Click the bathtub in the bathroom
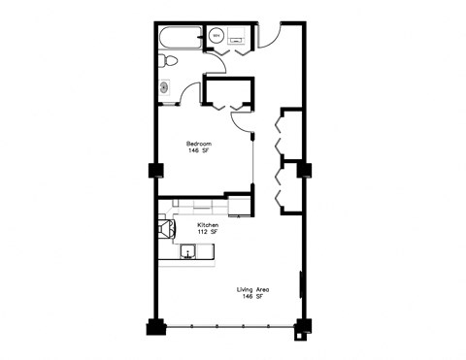[x=179, y=39]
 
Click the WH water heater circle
[x=216, y=36]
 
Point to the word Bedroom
[x=199, y=144]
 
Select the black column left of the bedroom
[x=154, y=171]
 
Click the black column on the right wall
[x=304, y=171]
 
